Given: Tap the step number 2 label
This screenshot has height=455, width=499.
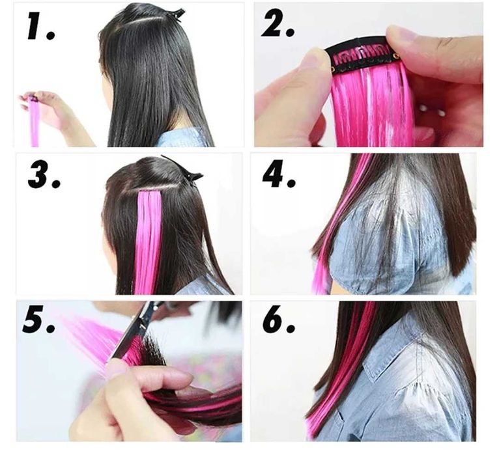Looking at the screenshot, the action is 278,23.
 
